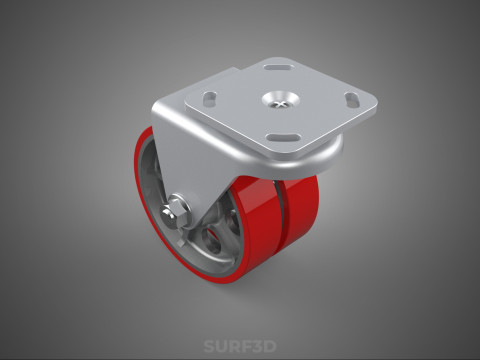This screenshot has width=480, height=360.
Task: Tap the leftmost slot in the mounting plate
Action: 210,97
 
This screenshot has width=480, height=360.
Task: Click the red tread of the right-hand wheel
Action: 305,215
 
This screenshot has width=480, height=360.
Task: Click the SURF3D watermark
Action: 239,347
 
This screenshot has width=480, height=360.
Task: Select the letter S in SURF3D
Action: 210,347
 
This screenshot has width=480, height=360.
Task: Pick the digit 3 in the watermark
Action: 257,347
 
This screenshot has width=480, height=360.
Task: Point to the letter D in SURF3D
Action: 270,347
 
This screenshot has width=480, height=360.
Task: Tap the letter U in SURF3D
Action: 221,347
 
